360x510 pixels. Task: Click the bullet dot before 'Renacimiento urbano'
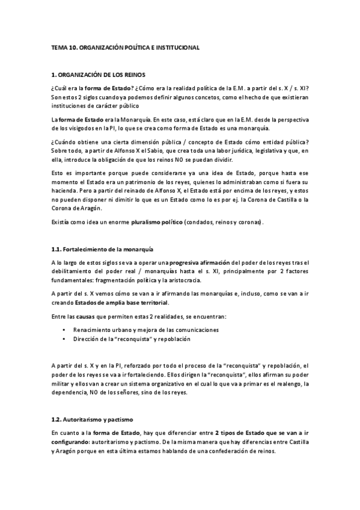[64, 330]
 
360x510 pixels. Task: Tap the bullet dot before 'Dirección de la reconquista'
[64, 339]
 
